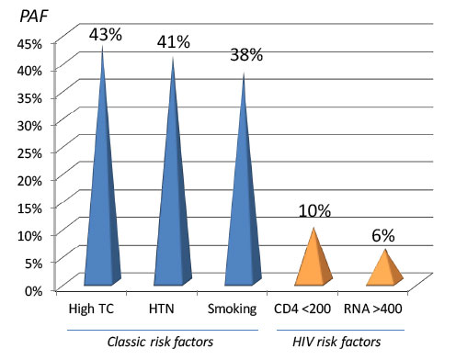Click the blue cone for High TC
pos(101,202)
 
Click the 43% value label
pos(106,34)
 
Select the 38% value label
pos(245,54)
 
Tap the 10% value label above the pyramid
pos(315,210)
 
